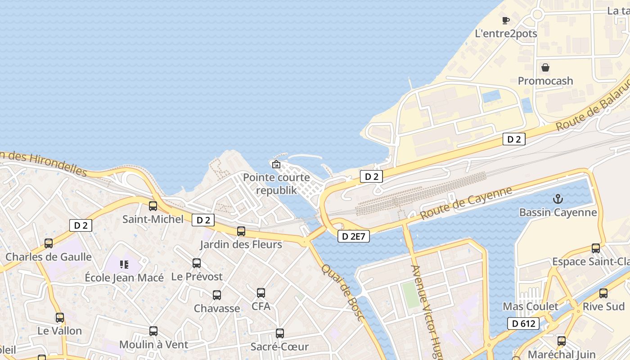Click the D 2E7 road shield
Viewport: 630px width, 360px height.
354,236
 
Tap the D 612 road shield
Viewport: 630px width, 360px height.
523,323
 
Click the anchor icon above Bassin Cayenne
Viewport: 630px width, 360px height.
558,198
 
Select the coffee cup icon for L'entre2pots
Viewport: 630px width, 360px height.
506,20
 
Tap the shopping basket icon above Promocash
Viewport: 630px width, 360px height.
545,67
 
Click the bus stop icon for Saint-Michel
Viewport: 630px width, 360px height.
153,206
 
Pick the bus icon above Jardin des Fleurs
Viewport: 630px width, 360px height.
241,231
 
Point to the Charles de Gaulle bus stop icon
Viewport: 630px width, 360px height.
49,243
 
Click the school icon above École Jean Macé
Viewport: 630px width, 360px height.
124,264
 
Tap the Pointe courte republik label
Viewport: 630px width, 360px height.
276,184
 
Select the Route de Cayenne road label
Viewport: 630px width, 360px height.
466,203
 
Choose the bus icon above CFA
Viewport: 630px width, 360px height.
261,293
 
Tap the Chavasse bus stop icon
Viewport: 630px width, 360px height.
217,295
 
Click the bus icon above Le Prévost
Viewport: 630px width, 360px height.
197,263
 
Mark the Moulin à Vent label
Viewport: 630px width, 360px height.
153,345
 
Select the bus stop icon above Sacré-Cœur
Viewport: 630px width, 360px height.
280,333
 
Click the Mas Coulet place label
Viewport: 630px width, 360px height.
530,306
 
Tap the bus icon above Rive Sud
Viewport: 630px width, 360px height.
603,293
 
